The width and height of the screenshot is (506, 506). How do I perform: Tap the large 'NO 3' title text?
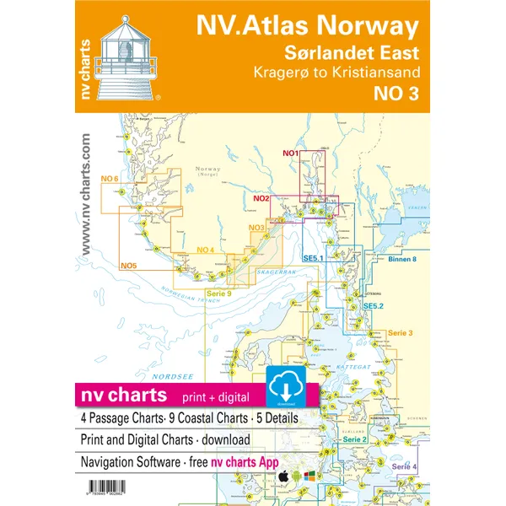point(395,94)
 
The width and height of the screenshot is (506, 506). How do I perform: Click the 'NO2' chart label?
point(261,199)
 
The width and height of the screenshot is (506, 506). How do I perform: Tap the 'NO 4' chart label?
point(205,250)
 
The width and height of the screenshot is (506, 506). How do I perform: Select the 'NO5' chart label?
point(128,266)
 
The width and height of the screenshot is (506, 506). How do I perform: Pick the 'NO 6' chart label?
point(109,179)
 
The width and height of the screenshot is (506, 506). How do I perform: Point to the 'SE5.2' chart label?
point(374,305)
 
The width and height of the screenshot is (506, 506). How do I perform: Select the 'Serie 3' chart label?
point(401,333)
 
